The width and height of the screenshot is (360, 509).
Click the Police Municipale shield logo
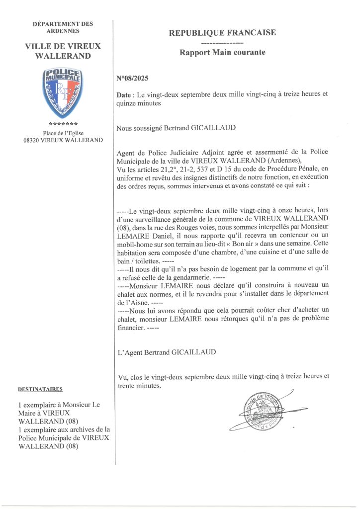(63, 93)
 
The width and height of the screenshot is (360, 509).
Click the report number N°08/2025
(132, 78)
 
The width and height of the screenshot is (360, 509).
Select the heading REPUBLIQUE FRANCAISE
(222, 33)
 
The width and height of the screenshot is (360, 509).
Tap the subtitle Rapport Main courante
(222, 52)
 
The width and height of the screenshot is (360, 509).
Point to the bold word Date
(123, 94)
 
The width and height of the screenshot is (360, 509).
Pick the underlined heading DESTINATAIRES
(40, 389)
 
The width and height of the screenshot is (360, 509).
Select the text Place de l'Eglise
(63, 133)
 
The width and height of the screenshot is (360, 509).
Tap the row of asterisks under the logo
(63, 124)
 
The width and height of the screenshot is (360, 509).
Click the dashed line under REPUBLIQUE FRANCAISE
(222, 43)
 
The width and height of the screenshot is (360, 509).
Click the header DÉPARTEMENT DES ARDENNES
(63, 27)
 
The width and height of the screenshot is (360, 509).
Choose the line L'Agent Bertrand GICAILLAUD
(166, 352)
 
